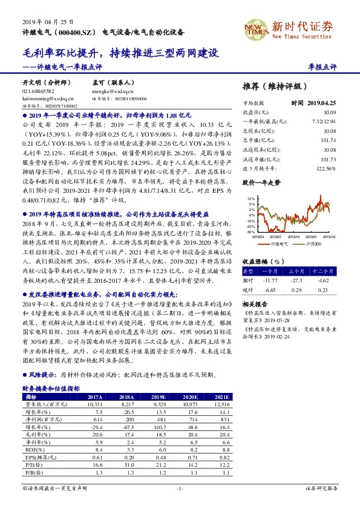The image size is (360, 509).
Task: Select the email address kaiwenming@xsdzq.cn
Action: (48, 97)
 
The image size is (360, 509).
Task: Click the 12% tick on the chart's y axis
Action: (250, 198)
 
